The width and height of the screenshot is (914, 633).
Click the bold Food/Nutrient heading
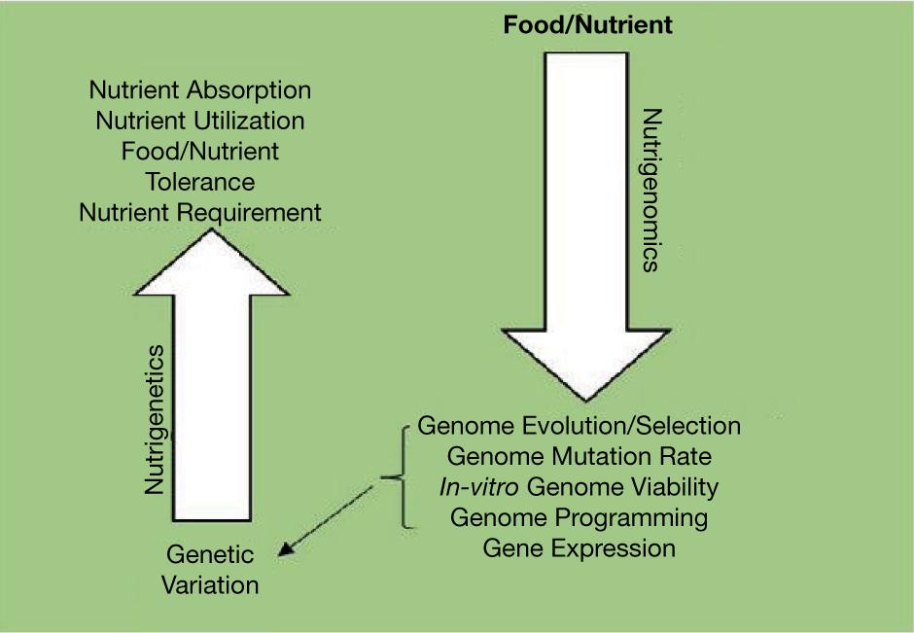tap(587, 25)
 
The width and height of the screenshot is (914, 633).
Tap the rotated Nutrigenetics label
tap(155, 418)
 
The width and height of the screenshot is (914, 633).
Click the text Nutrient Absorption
tap(200, 90)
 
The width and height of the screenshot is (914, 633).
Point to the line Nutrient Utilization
tap(200, 122)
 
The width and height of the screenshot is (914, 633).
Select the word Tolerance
tap(200, 182)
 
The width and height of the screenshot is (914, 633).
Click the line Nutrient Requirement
tap(200, 212)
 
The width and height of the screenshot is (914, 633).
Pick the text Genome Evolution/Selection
tap(579, 426)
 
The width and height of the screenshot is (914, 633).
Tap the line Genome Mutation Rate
tap(579, 456)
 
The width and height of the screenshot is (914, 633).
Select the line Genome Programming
tap(579, 516)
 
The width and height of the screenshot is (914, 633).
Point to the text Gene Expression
tap(579, 547)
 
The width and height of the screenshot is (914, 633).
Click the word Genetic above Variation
tap(210, 555)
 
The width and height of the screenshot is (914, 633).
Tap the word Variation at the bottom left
tap(210, 585)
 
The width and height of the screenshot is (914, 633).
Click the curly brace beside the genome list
tap(397, 476)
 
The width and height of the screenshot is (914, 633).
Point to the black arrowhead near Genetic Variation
tap(284, 550)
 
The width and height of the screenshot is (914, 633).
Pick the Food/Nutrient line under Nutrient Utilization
tap(200, 152)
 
